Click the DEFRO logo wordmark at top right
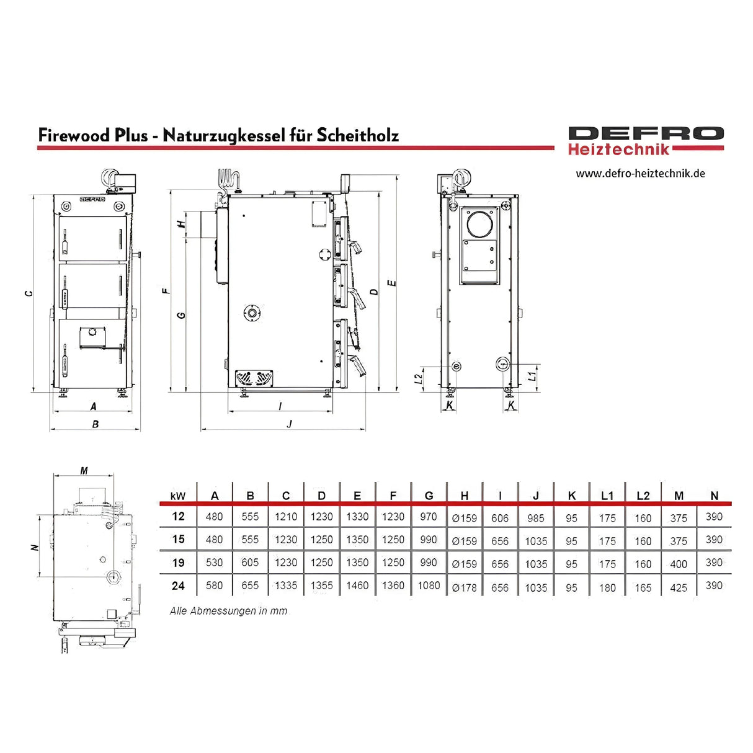click(646, 134)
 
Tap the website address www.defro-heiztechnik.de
click(640, 174)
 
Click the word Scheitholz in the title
click(357, 135)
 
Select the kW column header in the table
click(178, 496)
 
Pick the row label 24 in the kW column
click(179, 586)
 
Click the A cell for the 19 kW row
click(214, 563)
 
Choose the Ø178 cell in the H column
click(465, 587)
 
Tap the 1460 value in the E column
click(357, 586)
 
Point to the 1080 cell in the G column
click(429, 586)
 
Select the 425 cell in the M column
click(679, 587)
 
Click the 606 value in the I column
click(500, 518)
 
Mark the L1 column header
click(607, 496)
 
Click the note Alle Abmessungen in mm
click(229, 611)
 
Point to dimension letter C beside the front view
click(29, 293)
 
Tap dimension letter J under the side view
click(289, 424)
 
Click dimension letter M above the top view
click(84, 471)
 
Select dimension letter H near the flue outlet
click(181, 224)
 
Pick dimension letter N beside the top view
click(35, 547)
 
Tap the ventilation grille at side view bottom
click(254, 378)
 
